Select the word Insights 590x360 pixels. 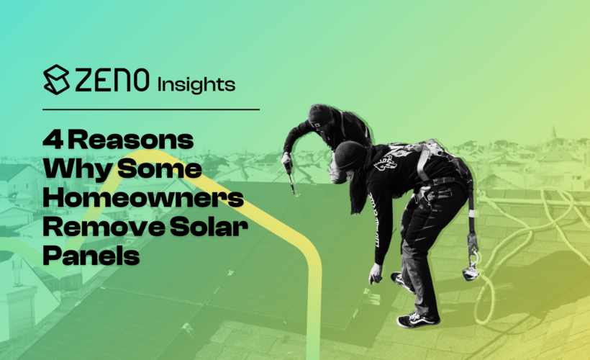tap(196, 84)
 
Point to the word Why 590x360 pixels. tap(69, 170)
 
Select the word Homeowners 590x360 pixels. tap(143, 199)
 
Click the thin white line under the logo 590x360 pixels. tap(150, 109)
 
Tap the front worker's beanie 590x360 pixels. tap(348, 153)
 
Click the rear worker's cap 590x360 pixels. tap(319, 114)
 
